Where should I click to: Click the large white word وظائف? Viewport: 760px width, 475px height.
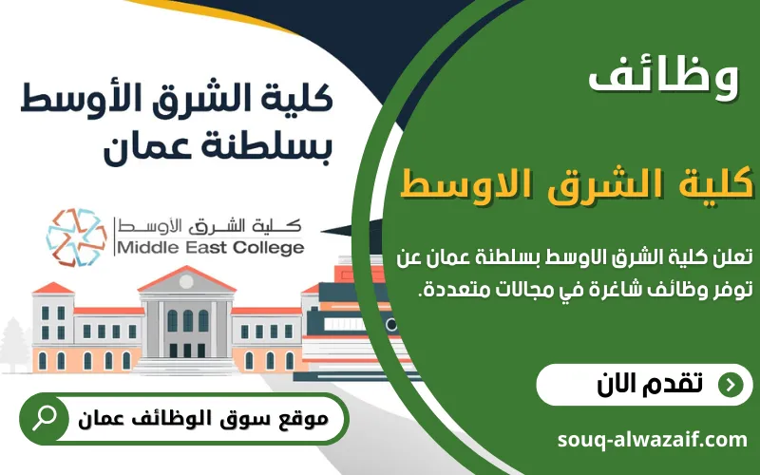click(x=663, y=78)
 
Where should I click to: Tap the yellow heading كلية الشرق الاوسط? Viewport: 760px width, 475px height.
click(x=577, y=184)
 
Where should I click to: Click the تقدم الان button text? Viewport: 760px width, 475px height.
click(x=650, y=385)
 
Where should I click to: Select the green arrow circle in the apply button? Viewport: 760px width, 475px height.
click(x=731, y=385)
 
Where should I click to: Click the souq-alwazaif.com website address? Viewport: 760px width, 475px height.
click(x=653, y=440)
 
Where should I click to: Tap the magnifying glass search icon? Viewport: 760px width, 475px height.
click(x=44, y=418)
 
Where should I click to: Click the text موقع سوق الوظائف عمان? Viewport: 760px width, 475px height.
click(x=203, y=418)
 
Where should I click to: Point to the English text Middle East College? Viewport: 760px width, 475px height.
click(x=211, y=247)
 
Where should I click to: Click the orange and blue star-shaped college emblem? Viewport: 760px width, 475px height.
click(x=77, y=237)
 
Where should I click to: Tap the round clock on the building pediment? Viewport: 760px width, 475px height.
click(x=186, y=281)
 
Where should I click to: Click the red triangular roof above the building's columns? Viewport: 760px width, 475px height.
click(x=187, y=278)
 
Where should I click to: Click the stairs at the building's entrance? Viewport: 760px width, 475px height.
click(x=186, y=366)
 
